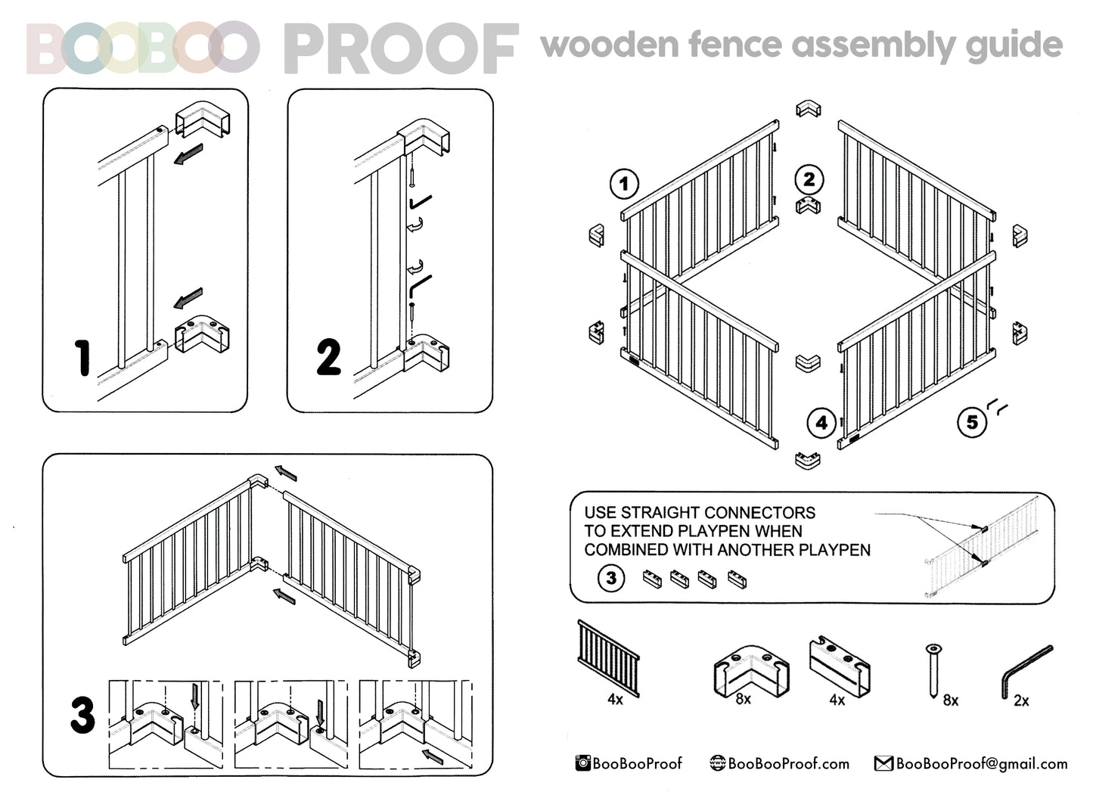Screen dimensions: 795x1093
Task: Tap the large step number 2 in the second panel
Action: point(328,358)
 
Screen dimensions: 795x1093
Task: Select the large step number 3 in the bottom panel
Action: point(82,715)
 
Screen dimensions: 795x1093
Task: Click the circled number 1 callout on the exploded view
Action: point(624,184)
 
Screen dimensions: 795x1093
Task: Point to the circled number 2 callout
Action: point(809,179)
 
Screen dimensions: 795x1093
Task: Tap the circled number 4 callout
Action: point(821,423)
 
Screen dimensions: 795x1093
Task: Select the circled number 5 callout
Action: point(972,422)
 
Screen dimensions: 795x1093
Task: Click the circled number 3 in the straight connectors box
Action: point(611,579)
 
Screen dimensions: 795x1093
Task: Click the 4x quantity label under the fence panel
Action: point(615,700)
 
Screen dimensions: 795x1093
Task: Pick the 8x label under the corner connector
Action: point(743,699)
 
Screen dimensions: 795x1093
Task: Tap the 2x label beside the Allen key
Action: point(1020,701)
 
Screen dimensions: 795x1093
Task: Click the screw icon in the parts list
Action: point(934,669)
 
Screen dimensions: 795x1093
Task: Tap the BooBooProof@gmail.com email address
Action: point(981,764)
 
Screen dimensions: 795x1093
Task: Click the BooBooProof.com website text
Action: point(788,764)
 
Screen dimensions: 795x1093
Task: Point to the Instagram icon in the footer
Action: point(583,763)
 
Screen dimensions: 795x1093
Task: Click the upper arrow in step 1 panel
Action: point(188,155)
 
